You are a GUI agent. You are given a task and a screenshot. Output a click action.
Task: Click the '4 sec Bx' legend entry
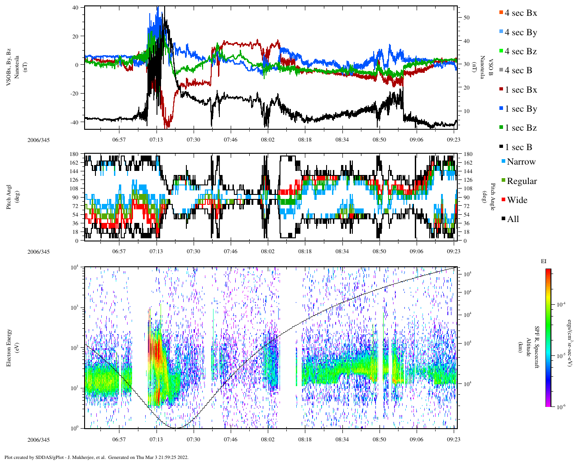[520, 13]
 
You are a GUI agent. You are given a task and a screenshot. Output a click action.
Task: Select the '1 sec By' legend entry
[520, 109]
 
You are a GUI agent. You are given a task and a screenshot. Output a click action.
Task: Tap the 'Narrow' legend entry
[521, 162]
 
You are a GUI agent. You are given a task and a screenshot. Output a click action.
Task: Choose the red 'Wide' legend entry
[517, 200]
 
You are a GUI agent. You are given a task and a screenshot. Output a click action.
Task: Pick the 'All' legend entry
[513, 219]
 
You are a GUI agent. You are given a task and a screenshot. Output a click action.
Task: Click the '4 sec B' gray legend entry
[518, 71]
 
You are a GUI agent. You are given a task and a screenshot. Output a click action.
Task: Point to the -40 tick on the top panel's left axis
[75, 122]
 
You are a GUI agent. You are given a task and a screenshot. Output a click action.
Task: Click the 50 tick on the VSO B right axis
[466, 18]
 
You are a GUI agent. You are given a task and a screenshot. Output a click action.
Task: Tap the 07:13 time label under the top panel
[156, 140]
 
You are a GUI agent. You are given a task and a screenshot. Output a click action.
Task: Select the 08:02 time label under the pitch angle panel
[267, 251]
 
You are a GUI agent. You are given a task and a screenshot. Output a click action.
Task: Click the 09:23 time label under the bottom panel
[454, 439]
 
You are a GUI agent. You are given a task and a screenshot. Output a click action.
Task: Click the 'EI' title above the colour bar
[544, 261]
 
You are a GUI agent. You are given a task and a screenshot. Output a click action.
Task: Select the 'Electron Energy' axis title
[9, 348]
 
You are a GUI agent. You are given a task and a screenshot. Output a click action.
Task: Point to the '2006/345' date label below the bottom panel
[38, 439]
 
